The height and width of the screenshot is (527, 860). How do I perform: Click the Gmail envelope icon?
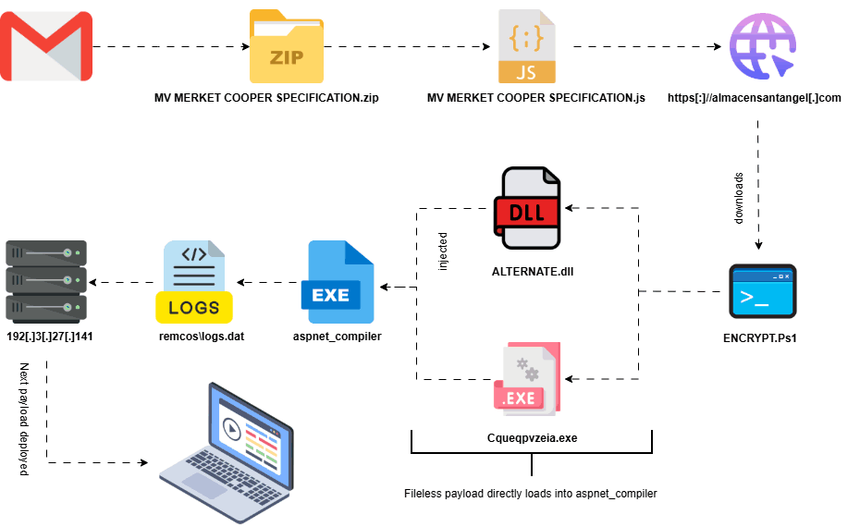(x=45, y=45)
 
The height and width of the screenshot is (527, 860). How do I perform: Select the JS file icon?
(x=527, y=46)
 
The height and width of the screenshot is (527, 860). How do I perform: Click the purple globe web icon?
(x=761, y=47)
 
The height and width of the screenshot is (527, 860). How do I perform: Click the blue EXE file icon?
(x=336, y=280)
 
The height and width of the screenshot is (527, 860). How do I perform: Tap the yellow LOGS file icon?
(x=194, y=280)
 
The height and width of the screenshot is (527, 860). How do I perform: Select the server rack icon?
(x=46, y=280)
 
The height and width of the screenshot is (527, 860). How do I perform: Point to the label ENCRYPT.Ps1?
(x=760, y=338)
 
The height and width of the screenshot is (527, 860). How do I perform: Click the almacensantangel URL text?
(x=754, y=97)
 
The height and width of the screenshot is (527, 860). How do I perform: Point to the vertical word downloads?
(x=739, y=196)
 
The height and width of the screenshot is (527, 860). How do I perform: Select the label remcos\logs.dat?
(x=195, y=337)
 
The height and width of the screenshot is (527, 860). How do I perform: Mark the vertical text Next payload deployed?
(x=25, y=420)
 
